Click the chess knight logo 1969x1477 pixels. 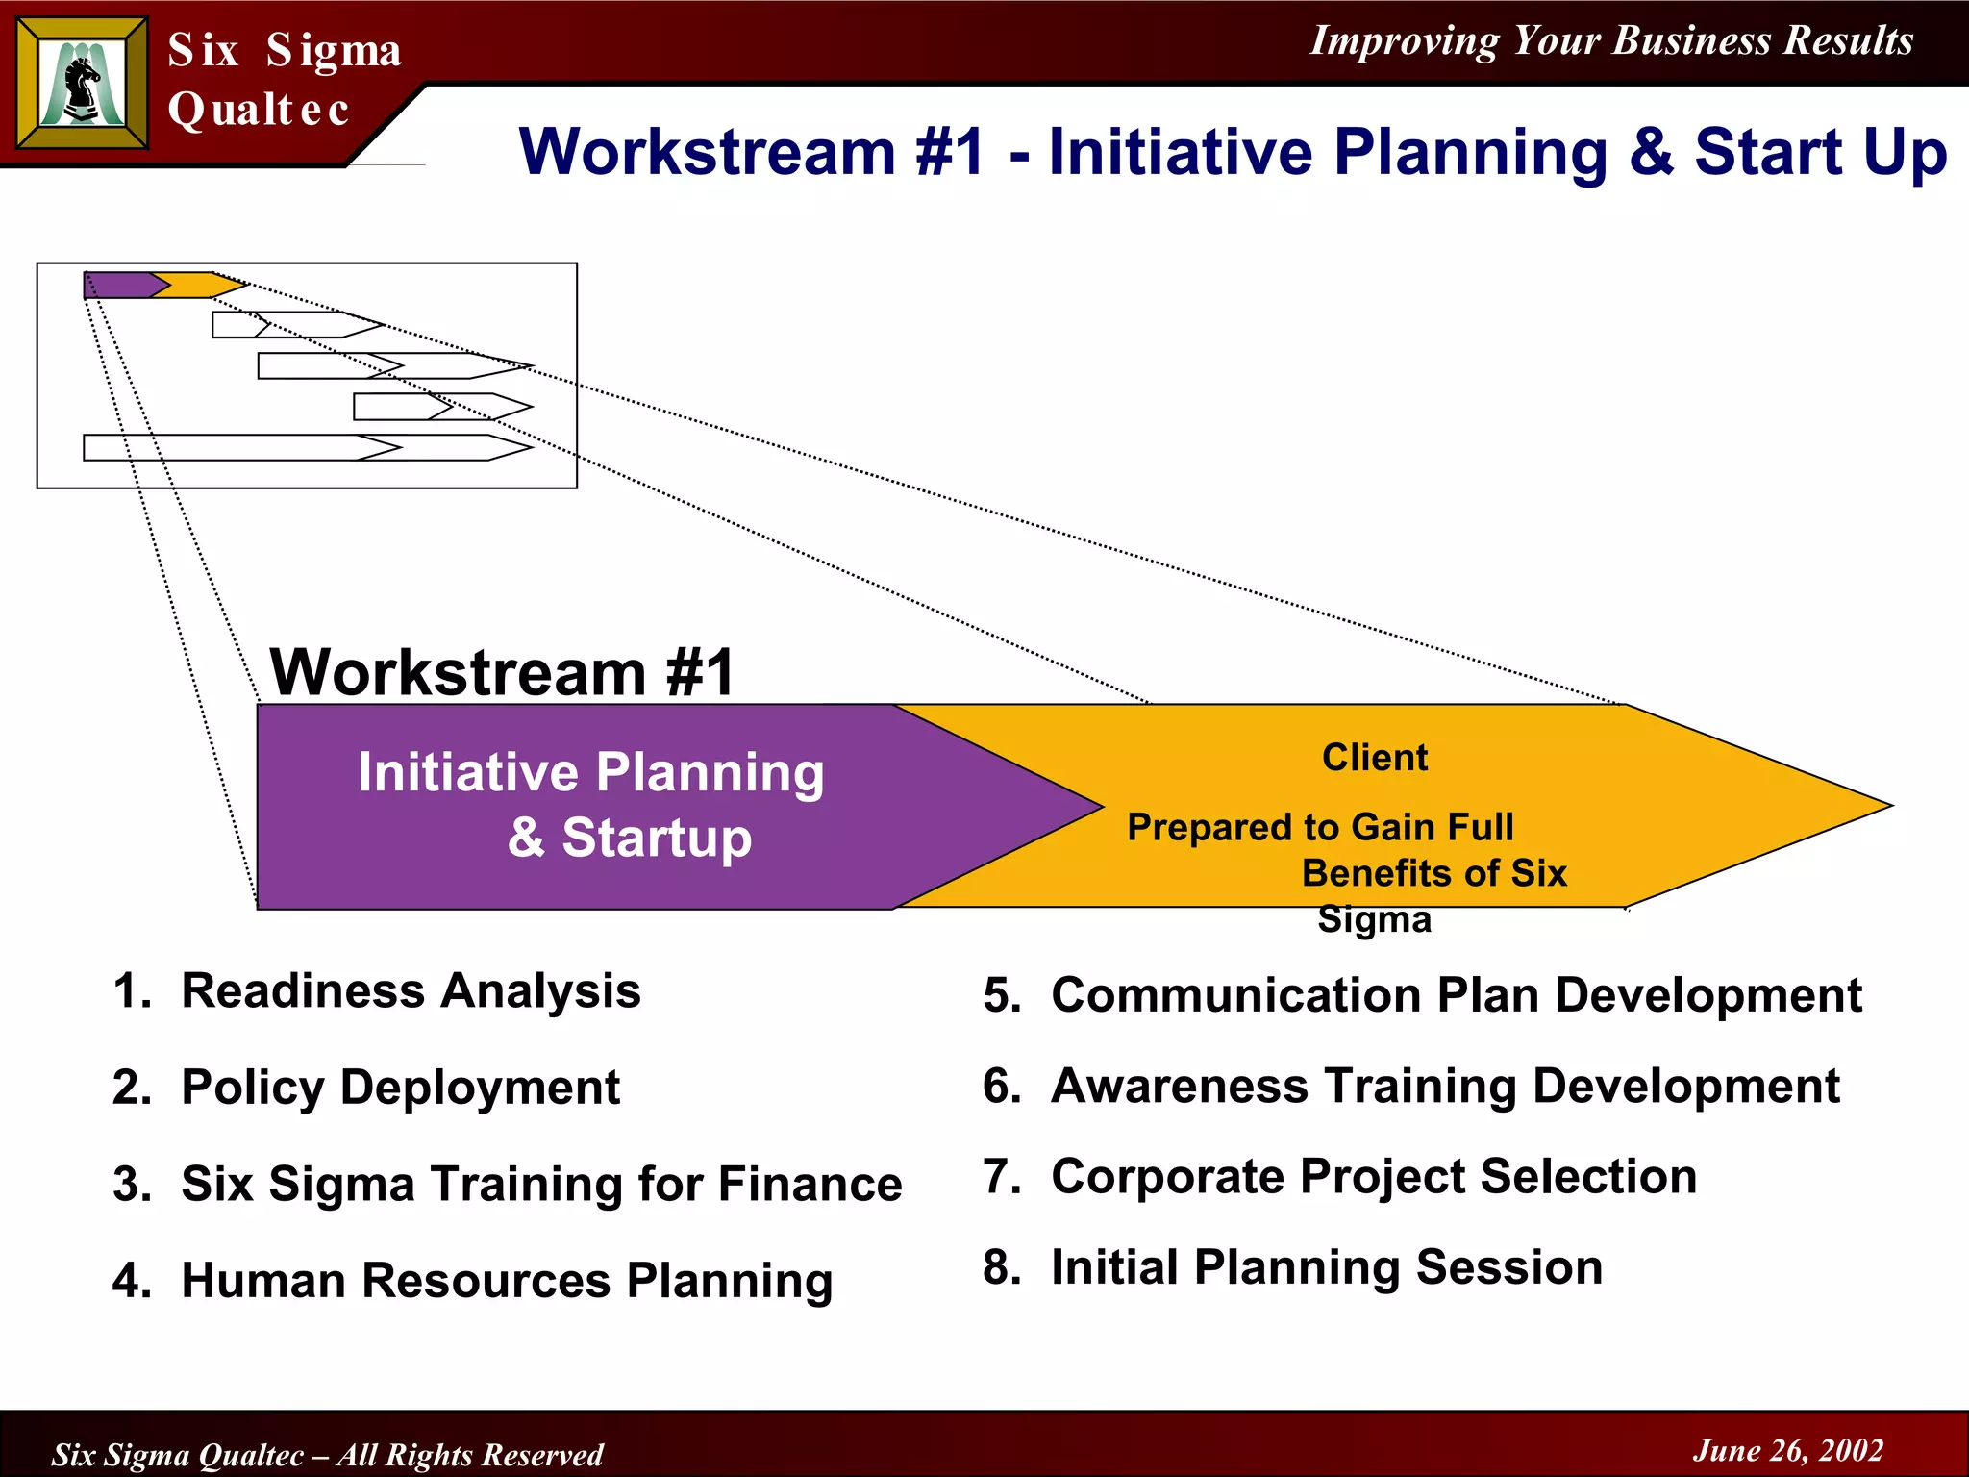pos(83,84)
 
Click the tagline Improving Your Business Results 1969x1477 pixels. pos(1611,41)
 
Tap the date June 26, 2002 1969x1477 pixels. pos(1787,1450)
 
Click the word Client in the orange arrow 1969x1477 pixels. pos(1375,758)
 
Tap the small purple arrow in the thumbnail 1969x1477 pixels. pos(120,286)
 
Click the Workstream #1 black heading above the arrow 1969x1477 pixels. pos(502,672)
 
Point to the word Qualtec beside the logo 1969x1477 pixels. pos(258,110)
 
